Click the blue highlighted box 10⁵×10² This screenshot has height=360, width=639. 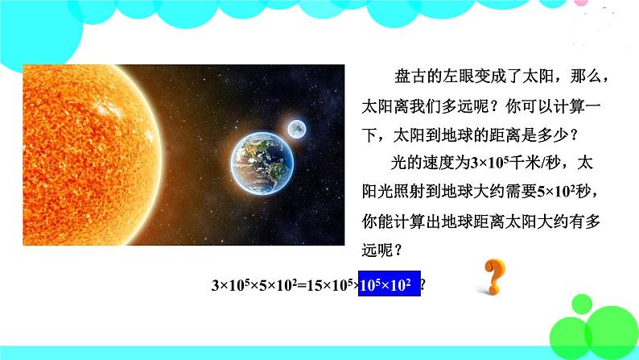pyautogui.click(x=390, y=284)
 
